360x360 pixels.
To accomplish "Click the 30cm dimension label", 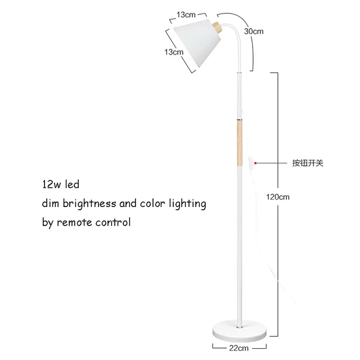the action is click(x=254, y=31).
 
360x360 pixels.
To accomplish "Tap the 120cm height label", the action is click(x=278, y=197).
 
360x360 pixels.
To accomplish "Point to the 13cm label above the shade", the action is click(x=186, y=13).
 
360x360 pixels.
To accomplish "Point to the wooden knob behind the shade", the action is click(x=217, y=28).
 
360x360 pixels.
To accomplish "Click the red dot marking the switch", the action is click(x=256, y=163).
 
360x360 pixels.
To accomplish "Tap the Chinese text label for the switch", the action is click(x=307, y=163).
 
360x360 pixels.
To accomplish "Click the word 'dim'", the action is click(x=50, y=203).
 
